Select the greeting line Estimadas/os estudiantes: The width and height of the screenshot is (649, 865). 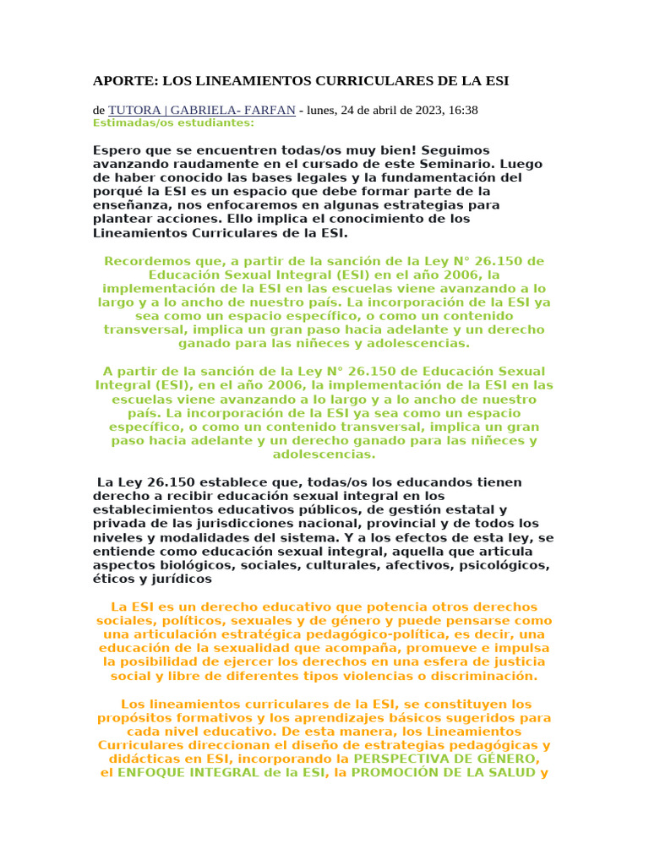pos(173,122)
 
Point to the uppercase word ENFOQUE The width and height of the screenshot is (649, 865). pos(159,773)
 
